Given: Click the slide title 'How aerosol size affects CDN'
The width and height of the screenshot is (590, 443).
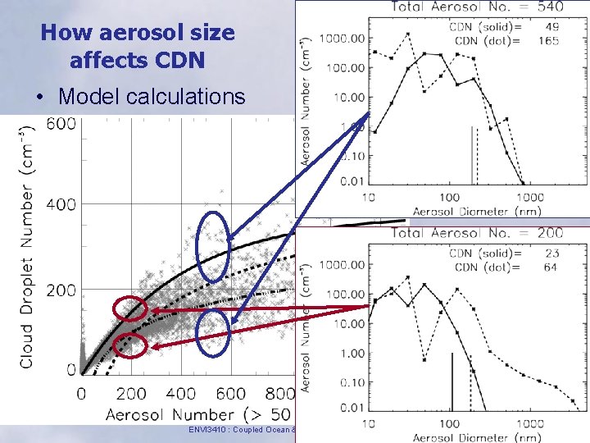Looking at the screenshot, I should click(x=138, y=47).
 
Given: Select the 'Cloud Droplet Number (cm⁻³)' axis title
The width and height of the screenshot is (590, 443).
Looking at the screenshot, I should click(x=27, y=246).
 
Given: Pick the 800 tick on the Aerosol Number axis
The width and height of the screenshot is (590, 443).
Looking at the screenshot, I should click(x=279, y=394).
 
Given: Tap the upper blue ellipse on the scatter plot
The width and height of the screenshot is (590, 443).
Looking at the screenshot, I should click(x=214, y=245).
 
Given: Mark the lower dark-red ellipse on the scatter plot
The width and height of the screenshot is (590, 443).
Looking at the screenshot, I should click(x=131, y=346).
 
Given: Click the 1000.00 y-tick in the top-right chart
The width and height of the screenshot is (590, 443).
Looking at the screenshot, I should click(x=343, y=38).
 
